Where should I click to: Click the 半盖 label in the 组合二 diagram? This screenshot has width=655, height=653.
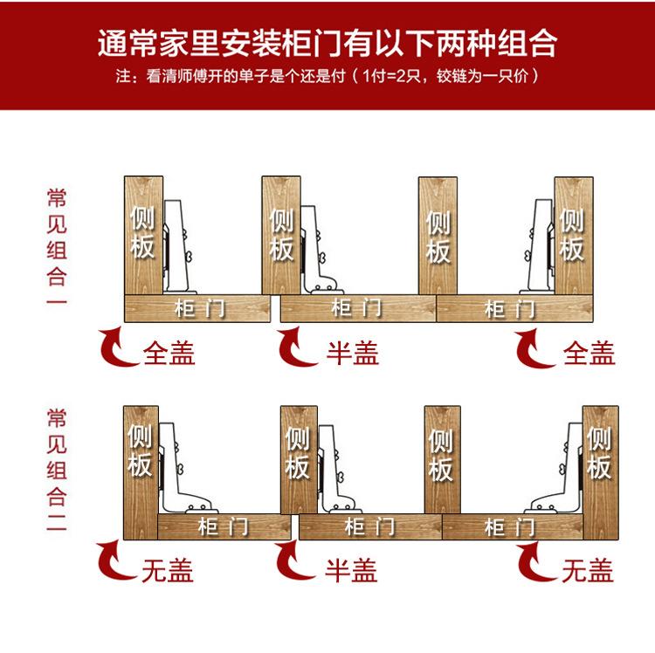pos(351,571)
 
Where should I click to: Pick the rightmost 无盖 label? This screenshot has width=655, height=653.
pos(587,571)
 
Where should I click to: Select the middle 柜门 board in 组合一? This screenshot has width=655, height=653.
pos(357,308)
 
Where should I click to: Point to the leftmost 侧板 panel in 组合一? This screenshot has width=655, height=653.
pos(142,234)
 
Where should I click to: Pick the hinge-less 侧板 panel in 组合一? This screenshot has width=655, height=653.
pos(438,234)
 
